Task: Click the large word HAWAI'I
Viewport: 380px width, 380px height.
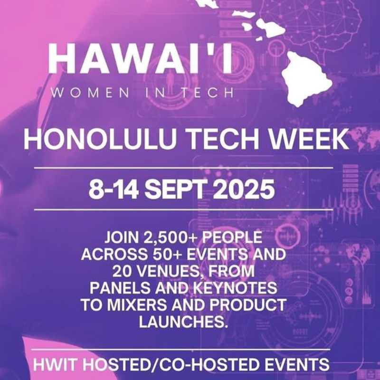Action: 140,59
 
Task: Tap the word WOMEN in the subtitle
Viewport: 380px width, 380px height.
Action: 90,93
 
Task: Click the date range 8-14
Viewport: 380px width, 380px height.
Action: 114,189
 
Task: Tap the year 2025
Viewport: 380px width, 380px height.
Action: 243,189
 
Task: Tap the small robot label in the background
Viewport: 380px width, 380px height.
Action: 301,332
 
